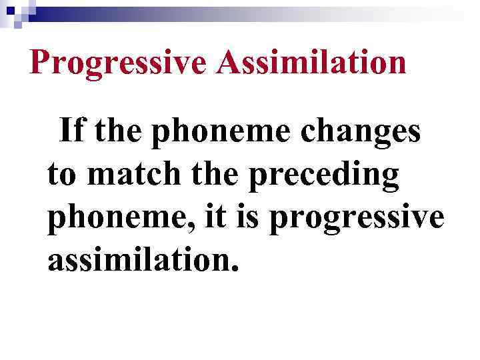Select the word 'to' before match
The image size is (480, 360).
tap(62, 175)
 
